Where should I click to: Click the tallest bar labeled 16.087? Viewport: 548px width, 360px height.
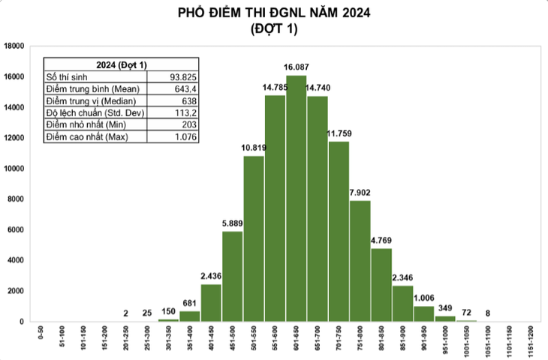tap(296, 198)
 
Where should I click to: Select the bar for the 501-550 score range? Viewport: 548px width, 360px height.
tap(254, 238)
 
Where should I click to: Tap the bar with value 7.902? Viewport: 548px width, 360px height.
tap(360, 261)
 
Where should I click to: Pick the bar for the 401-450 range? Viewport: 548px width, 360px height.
tap(211, 303)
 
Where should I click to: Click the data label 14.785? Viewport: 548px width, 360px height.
tap(275, 87)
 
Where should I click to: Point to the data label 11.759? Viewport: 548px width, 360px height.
tap(339, 133)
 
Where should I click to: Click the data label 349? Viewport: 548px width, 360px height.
tap(445, 308)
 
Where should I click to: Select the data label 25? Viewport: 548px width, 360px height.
tap(147, 313)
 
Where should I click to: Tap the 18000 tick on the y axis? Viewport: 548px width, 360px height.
tap(14, 46)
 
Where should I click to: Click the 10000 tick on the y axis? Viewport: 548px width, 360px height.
tap(14, 169)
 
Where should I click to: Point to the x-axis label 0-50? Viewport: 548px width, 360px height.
tap(41, 332)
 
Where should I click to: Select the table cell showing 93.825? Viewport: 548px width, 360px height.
tap(183, 77)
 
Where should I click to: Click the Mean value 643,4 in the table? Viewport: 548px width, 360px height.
tap(185, 89)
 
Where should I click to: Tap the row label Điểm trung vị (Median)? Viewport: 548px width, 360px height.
tap(91, 101)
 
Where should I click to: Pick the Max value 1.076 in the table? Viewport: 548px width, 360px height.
tap(186, 137)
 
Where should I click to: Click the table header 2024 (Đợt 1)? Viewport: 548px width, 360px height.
tap(122, 65)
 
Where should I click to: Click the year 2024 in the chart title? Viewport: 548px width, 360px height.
tap(356, 13)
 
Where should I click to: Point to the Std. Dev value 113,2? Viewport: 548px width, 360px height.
tap(186, 112)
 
